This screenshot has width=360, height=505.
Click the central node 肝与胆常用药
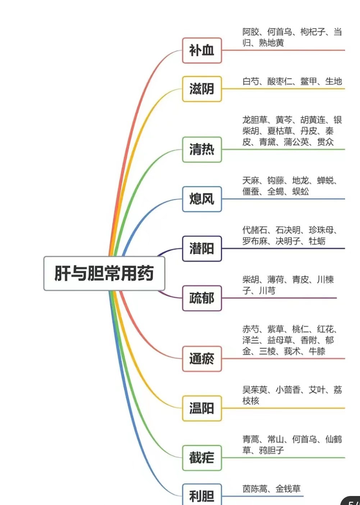tap(104, 273)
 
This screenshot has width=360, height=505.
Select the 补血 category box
tap(202, 50)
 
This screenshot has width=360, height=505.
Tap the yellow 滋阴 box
tap(202, 89)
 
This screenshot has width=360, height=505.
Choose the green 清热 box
tap(202, 149)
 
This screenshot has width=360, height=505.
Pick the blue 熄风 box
tap(202, 199)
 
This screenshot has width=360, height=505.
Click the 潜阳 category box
tap(202, 249)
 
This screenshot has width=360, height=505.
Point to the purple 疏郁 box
tap(202, 298)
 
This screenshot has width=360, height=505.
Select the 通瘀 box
tap(202, 359)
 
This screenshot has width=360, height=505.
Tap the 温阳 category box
tap(202, 409)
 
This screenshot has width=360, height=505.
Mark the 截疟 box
tap(202, 458)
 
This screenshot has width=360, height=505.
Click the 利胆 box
tap(202, 496)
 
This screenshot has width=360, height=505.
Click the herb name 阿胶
tap(251, 32)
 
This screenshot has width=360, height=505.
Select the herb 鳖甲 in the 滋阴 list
tap(309, 81)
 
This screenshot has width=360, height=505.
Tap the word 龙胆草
tap(255, 120)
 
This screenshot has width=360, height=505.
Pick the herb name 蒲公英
tap(296, 142)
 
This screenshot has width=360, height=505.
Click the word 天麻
tap(251, 181)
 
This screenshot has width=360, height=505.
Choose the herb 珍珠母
tap(321, 230)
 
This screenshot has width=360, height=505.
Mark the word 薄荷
tap(275, 280)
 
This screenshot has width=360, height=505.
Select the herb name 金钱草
tap(288, 489)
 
